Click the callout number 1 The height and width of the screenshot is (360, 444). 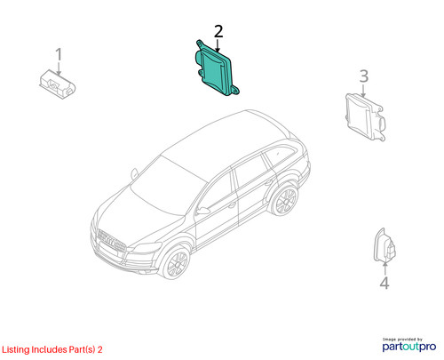[59, 54]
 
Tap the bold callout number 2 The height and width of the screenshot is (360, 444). [218, 31]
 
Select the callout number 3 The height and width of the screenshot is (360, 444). [364, 76]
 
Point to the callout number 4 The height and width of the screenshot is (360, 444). [385, 283]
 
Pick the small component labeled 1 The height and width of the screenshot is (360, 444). [58, 84]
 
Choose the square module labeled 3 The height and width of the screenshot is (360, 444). [366, 117]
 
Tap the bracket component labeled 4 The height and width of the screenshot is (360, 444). [385, 245]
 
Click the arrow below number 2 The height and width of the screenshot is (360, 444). [218, 45]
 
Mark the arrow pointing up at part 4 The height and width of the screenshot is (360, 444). [385, 268]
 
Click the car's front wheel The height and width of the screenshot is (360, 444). [177, 262]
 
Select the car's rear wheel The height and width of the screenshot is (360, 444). [284, 201]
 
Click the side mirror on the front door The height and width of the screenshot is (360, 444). [203, 211]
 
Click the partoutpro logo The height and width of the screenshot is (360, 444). [409, 345]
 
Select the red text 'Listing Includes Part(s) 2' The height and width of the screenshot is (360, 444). [52, 349]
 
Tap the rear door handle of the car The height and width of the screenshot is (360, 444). [268, 182]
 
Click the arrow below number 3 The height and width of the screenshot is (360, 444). [364, 91]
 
